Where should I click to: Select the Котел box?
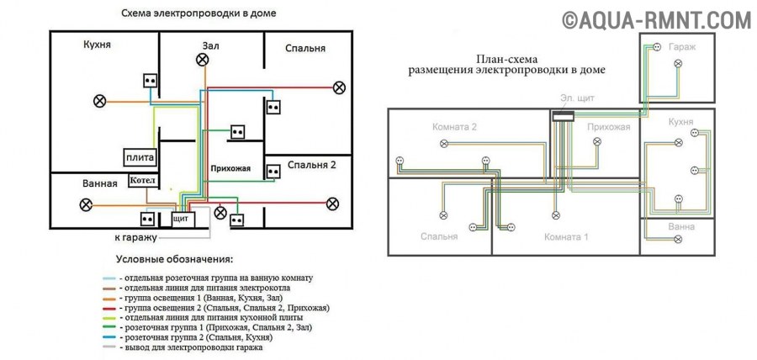point(141,181)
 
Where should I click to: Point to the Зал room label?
point(210,45)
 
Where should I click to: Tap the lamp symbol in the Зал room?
point(202,60)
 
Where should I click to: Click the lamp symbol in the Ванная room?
point(85,204)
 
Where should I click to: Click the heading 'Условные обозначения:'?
point(173,259)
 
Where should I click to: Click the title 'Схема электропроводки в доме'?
point(199,14)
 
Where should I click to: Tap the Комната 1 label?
point(565,236)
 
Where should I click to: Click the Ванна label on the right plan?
point(681,226)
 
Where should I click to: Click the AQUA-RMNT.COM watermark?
point(656,19)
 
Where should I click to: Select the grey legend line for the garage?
point(109,347)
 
